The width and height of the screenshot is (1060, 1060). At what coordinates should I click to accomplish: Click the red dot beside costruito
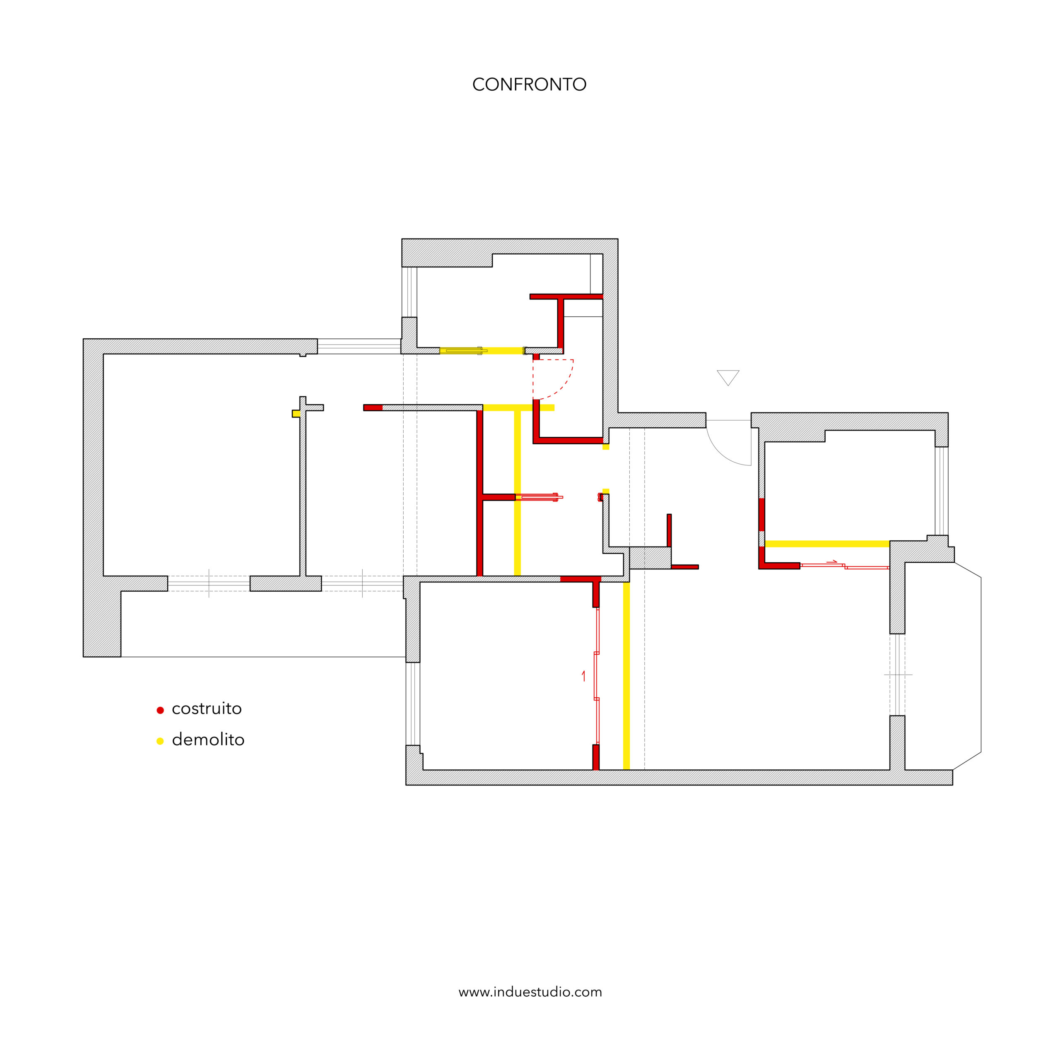tap(160, 711)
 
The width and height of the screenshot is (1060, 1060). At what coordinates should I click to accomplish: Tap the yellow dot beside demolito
tap(160, 741)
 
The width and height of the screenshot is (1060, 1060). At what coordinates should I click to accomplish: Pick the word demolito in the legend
tap(208, 740)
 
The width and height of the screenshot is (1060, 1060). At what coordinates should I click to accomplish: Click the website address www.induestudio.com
tap(530, 992)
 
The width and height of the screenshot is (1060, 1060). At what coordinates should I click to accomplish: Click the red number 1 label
tap(583, 677)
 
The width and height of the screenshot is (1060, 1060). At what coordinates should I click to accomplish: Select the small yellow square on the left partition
tap(296, 414)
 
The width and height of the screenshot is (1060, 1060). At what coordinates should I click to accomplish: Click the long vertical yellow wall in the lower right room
tap(626, 675)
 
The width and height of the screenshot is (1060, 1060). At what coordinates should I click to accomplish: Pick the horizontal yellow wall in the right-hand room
tap(827, 544)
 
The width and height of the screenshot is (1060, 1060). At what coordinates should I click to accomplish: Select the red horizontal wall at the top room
tap(566, 297)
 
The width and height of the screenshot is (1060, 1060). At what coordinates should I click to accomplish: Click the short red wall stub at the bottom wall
tap(596, 757)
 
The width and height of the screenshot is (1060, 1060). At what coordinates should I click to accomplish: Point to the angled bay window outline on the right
tap(980, 665)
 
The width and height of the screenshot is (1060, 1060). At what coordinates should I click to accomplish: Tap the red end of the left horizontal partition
tap(373, 408)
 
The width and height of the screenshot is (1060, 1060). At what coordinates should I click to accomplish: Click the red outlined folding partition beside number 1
tap(597, 675)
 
